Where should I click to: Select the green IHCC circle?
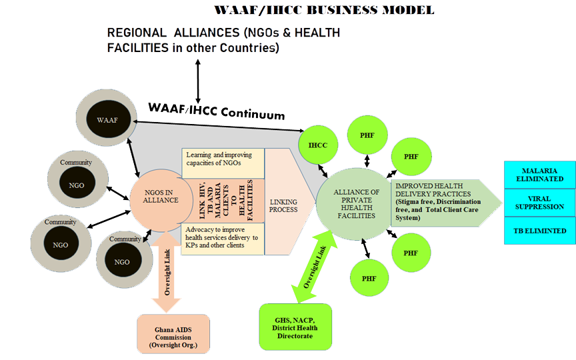point(317,145)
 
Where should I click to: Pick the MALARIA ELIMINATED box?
point(539,175)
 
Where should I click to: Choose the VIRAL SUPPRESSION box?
point(539,203)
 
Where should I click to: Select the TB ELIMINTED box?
point(539,231)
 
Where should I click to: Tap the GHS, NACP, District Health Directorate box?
point(295,327)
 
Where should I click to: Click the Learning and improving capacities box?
point(223,159)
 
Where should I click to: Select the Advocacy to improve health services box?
point(223,237)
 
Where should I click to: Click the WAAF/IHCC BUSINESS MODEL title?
point(324,10)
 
